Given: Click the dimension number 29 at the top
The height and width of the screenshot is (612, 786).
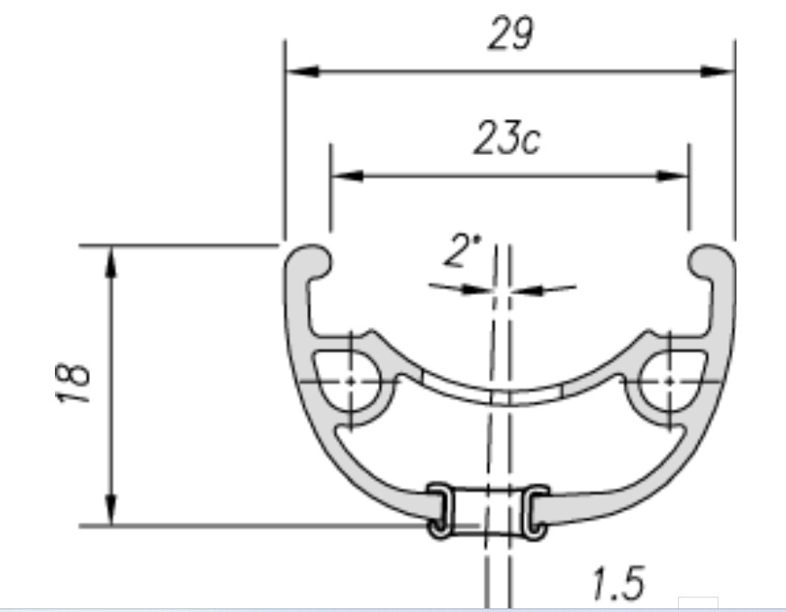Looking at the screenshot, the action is tap(510, 33).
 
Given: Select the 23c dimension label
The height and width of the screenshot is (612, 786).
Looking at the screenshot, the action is tap(507, 138).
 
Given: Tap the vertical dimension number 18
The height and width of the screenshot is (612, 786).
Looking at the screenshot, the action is tap(73, 382).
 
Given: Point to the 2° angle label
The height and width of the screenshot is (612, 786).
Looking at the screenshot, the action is tap(461, 250).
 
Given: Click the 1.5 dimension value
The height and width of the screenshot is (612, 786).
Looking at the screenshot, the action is tap(618, 583).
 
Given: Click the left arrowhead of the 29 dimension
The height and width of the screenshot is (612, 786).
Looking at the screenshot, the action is tap(303, 71).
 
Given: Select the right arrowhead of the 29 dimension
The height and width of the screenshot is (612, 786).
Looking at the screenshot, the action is tap(718, 71).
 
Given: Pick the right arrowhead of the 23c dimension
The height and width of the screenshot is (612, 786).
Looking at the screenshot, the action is tap(672, 176).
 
